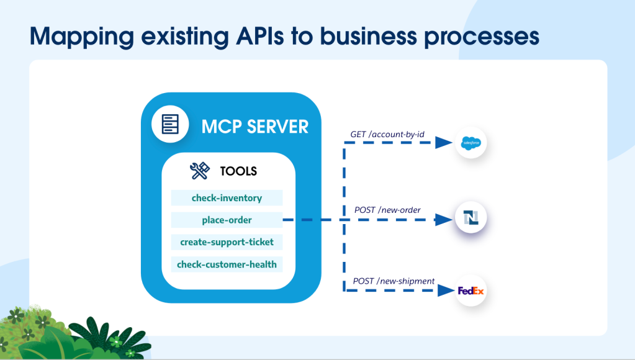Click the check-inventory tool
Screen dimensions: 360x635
coord(227,198)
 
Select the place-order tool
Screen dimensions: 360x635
coord(227,220)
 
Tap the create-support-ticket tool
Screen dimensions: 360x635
coord(227,241)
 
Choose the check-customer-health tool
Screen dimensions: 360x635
coord(227,264)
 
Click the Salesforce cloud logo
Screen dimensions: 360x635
coord(471,143)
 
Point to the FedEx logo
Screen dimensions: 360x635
coord(471,290)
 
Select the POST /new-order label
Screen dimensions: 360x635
coord(387,210)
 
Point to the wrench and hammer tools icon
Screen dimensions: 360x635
coord(200,171)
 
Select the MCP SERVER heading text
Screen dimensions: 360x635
coord(254,127)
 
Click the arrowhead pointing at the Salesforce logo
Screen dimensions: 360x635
coord(443,143)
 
